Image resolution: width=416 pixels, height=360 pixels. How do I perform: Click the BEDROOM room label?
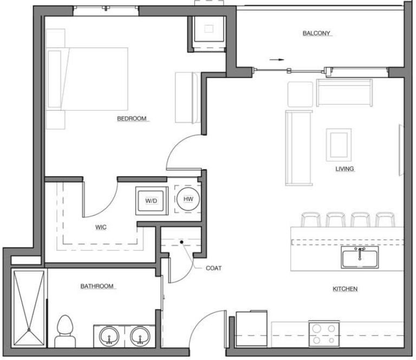tap(132, 119)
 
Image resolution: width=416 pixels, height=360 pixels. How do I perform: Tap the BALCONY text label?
tap(316, 34)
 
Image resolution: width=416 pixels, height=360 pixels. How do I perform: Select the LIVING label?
tap(344, 169)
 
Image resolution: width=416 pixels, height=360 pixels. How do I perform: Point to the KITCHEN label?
tap(345, 289)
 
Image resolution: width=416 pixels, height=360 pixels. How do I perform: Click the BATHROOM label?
tap(97, 286)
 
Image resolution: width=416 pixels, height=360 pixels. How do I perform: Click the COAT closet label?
tap(213, 268)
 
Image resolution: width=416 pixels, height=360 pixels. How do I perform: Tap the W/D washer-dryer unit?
tap(151, 201)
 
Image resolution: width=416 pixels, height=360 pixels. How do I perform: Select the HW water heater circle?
tap(188, 200)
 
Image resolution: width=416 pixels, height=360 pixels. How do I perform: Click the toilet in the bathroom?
tap(65, 331)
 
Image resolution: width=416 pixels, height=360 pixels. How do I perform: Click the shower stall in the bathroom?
tap(28, 307)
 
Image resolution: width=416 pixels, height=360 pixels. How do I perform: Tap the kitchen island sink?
tap(360, 258)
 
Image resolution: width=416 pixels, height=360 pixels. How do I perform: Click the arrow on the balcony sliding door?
tap(276, 60)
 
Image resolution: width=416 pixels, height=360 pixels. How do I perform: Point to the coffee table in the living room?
tap(339, 144)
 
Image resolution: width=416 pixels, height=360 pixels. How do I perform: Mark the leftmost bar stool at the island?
tap(310, 220)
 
